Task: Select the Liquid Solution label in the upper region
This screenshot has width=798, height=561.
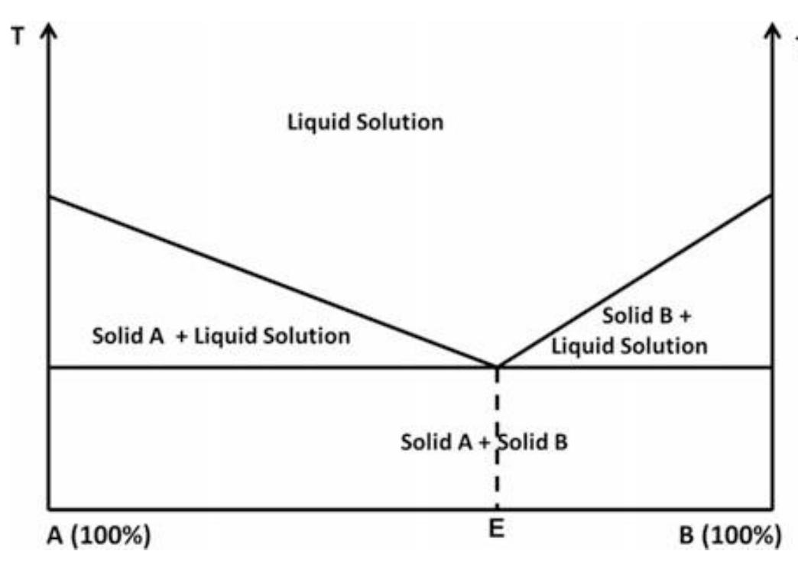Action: pos(365,122)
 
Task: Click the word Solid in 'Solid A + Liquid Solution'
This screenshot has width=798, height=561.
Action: pos(113,336)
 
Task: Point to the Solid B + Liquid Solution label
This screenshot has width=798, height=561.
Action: pos(630,331)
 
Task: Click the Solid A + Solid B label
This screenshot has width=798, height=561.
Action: pos(484,442)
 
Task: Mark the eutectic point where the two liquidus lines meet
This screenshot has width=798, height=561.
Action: pos(498,367)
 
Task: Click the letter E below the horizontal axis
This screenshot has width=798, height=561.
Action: pos(498,531)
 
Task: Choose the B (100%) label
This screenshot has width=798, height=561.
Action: pos(731,535)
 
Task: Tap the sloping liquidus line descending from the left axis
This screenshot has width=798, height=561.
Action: pos(268,280)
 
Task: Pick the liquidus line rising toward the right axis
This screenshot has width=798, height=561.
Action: pos(634,280)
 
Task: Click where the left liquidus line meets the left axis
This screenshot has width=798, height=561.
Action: pos(49,197)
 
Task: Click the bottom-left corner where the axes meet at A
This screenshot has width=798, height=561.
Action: pos(49,509)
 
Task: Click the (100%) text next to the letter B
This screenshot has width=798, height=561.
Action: pos(742,535)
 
